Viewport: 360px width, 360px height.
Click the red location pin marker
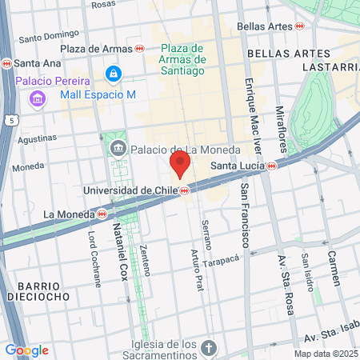pyautogui.click(x=179, y=165)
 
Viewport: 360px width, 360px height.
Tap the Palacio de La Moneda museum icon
pyautogui.click(x=118, y=148)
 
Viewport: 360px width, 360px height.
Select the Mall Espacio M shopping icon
pyautogui.click(x=113, y=75)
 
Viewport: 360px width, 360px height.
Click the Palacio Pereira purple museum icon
pyautogui.click(x=37, y=98)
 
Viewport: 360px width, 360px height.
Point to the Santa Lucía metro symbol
pyautogui.click(x=273, y=166)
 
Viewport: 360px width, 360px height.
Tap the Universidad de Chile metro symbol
pyautogui.click(x=185, y=190)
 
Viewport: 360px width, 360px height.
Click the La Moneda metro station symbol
pyautogui.click(x=102, y=214)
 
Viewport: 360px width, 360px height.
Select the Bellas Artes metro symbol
pyautogui.click(x=299, y=26)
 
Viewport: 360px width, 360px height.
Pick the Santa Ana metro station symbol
pyautogui.click(x=6, y=63)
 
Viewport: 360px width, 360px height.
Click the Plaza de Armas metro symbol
pyautogui.click(x=139, y=49)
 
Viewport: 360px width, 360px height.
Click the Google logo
pyautogui.click(x=26, y=350)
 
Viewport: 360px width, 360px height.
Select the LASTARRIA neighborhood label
pyautogui.click(x=330, y=67)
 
